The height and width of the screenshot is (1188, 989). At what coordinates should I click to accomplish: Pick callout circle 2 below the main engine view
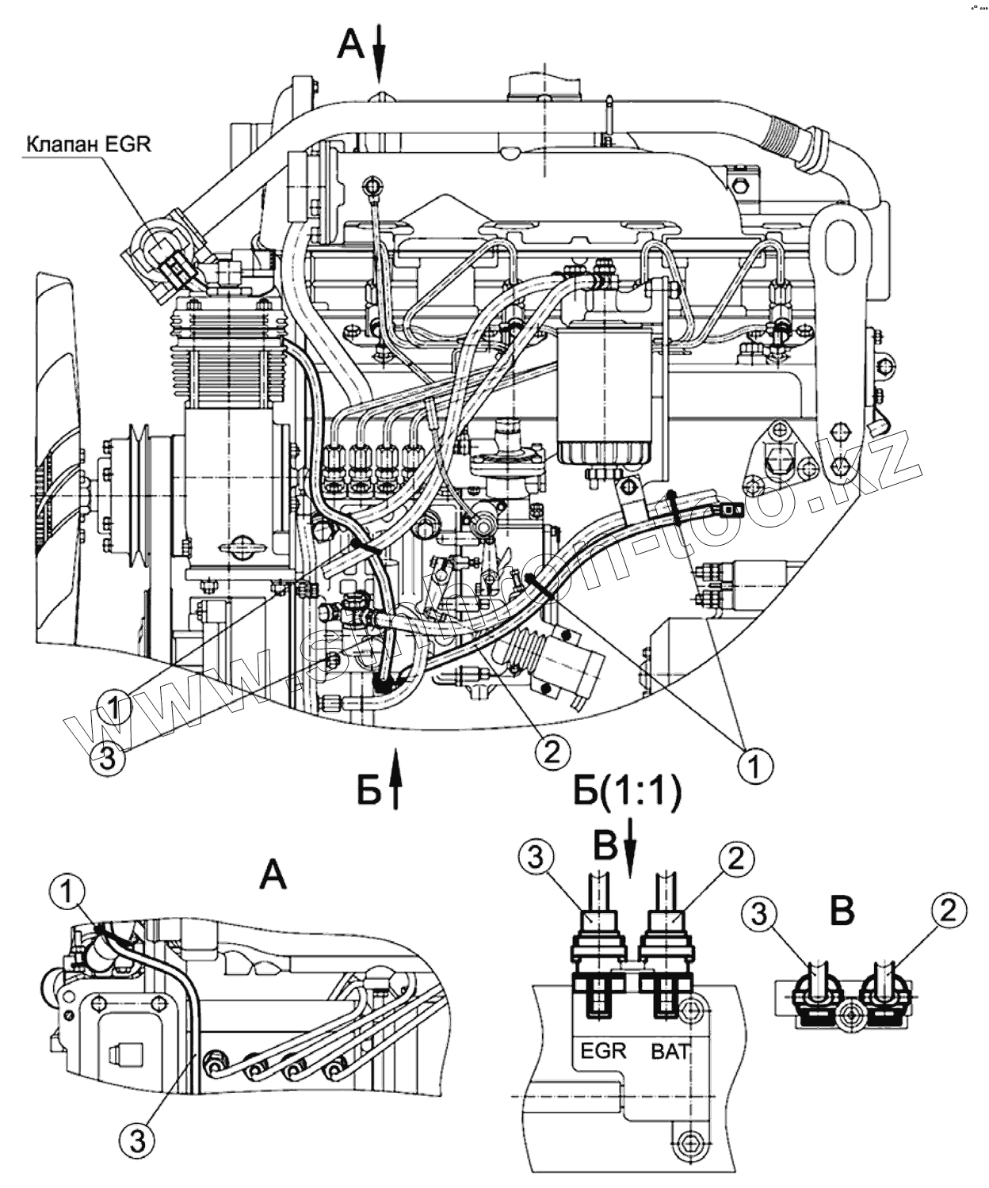[552, 752]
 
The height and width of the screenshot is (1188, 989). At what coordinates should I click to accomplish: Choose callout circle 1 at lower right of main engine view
[755, 767]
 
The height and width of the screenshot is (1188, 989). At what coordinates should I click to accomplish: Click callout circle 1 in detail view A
[67, 892]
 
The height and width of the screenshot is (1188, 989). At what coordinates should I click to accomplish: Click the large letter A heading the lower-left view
[273, 877]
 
